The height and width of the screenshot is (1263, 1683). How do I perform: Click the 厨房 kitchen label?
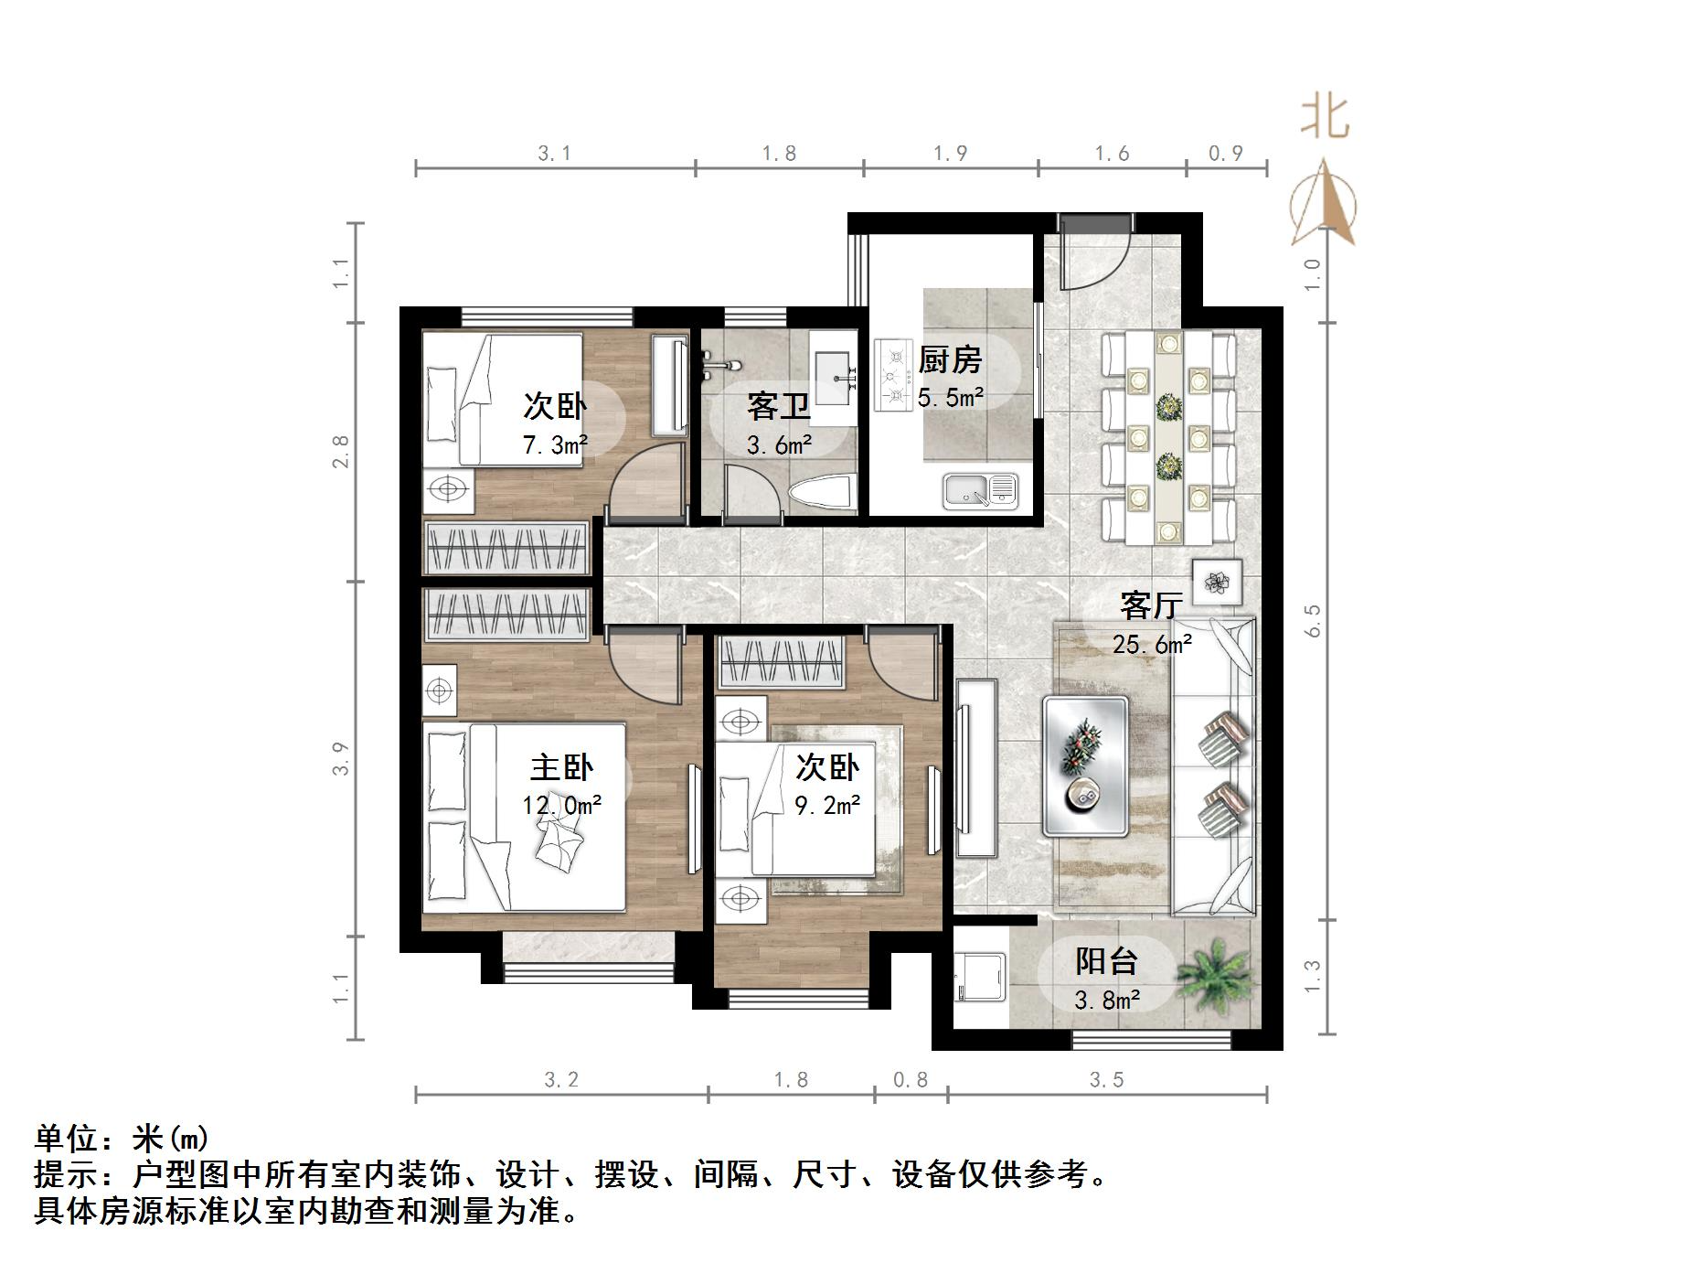click(x=950, y=359)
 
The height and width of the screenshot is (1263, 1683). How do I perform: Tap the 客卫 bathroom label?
click(x=778, y=406)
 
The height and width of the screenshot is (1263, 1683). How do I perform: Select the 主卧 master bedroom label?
click(x=561, y=766)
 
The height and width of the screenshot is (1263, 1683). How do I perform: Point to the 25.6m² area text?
click(x=1152, y=645)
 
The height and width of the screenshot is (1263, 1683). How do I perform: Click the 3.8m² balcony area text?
click(x=1106, y=1001)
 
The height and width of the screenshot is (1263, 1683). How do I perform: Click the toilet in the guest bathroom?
click(x=826, y=494)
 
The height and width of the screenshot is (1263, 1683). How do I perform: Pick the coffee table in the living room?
click(x=1085, y=766)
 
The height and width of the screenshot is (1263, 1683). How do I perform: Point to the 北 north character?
click(x=1325, y=118)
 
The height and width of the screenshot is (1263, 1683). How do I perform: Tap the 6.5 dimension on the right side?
click(x=1315, y=621)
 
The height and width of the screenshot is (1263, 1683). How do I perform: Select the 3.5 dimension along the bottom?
click(x=1106, y=1080)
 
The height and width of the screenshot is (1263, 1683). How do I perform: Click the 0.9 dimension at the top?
click(x=1226, y=153)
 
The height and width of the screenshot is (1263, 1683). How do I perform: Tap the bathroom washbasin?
click(x=834, y=377)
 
